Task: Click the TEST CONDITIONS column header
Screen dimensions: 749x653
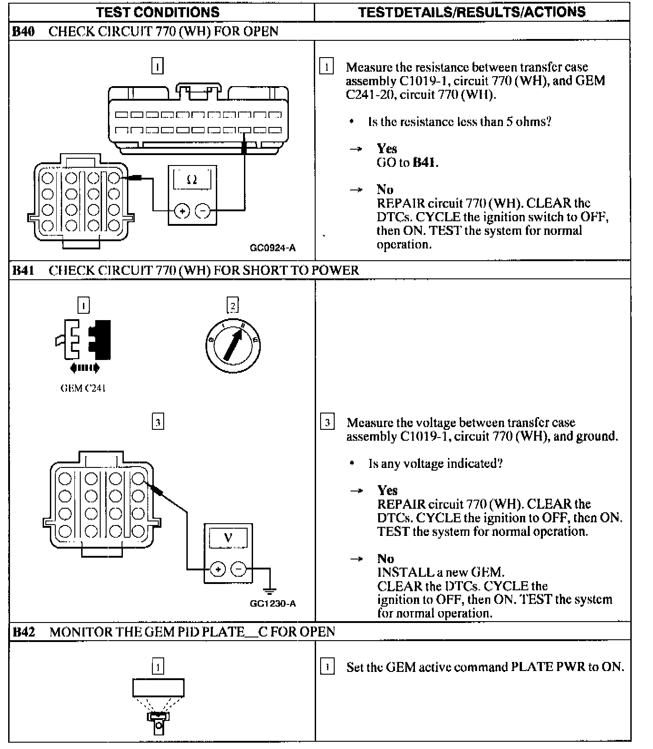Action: tap(157, 12)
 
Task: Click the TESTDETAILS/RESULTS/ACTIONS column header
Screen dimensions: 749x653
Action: tap(472, 12)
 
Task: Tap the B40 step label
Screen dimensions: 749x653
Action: tap(23, 31)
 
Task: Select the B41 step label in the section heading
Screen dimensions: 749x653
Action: tap(23, 270)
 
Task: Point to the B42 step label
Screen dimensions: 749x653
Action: tap(23, 632)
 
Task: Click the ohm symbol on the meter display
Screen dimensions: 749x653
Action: tap(192, 180)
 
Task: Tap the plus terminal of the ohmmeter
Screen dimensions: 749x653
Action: tap(182, 211)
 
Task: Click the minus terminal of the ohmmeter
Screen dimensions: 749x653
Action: tap(203, 211)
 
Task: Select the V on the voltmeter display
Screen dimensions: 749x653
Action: tap(228, 538)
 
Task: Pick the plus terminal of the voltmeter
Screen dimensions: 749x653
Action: tap(218, 569)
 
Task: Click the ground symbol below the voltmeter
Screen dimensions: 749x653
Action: tap(269, 591)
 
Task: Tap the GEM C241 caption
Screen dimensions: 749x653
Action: tap(83, 388)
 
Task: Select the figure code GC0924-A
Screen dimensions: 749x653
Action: tap(273, 248)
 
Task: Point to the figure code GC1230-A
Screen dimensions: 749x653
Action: tap(273, 603)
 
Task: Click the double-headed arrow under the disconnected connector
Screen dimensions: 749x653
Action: tap(84, 368)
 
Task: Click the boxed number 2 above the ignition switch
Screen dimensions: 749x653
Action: tap(232, 306)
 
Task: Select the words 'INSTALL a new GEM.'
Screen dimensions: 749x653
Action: tap(440, 572)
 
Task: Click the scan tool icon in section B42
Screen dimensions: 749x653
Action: tap(158, 705)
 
